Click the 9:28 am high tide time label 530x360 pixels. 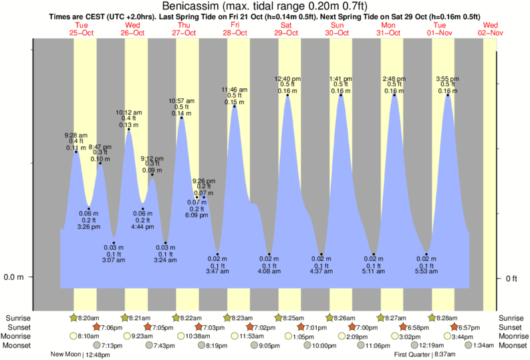(76, 135)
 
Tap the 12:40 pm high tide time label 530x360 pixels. (287, 79)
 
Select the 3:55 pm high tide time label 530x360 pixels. (448, 79)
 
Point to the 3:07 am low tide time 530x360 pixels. (114, 260)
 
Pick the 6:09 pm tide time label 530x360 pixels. (196, 216)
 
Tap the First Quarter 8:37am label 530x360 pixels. (424, 355)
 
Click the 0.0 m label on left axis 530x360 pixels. (14, 277)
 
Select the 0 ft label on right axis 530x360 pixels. (511, 278)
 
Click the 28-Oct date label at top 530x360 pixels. (235, 32)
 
